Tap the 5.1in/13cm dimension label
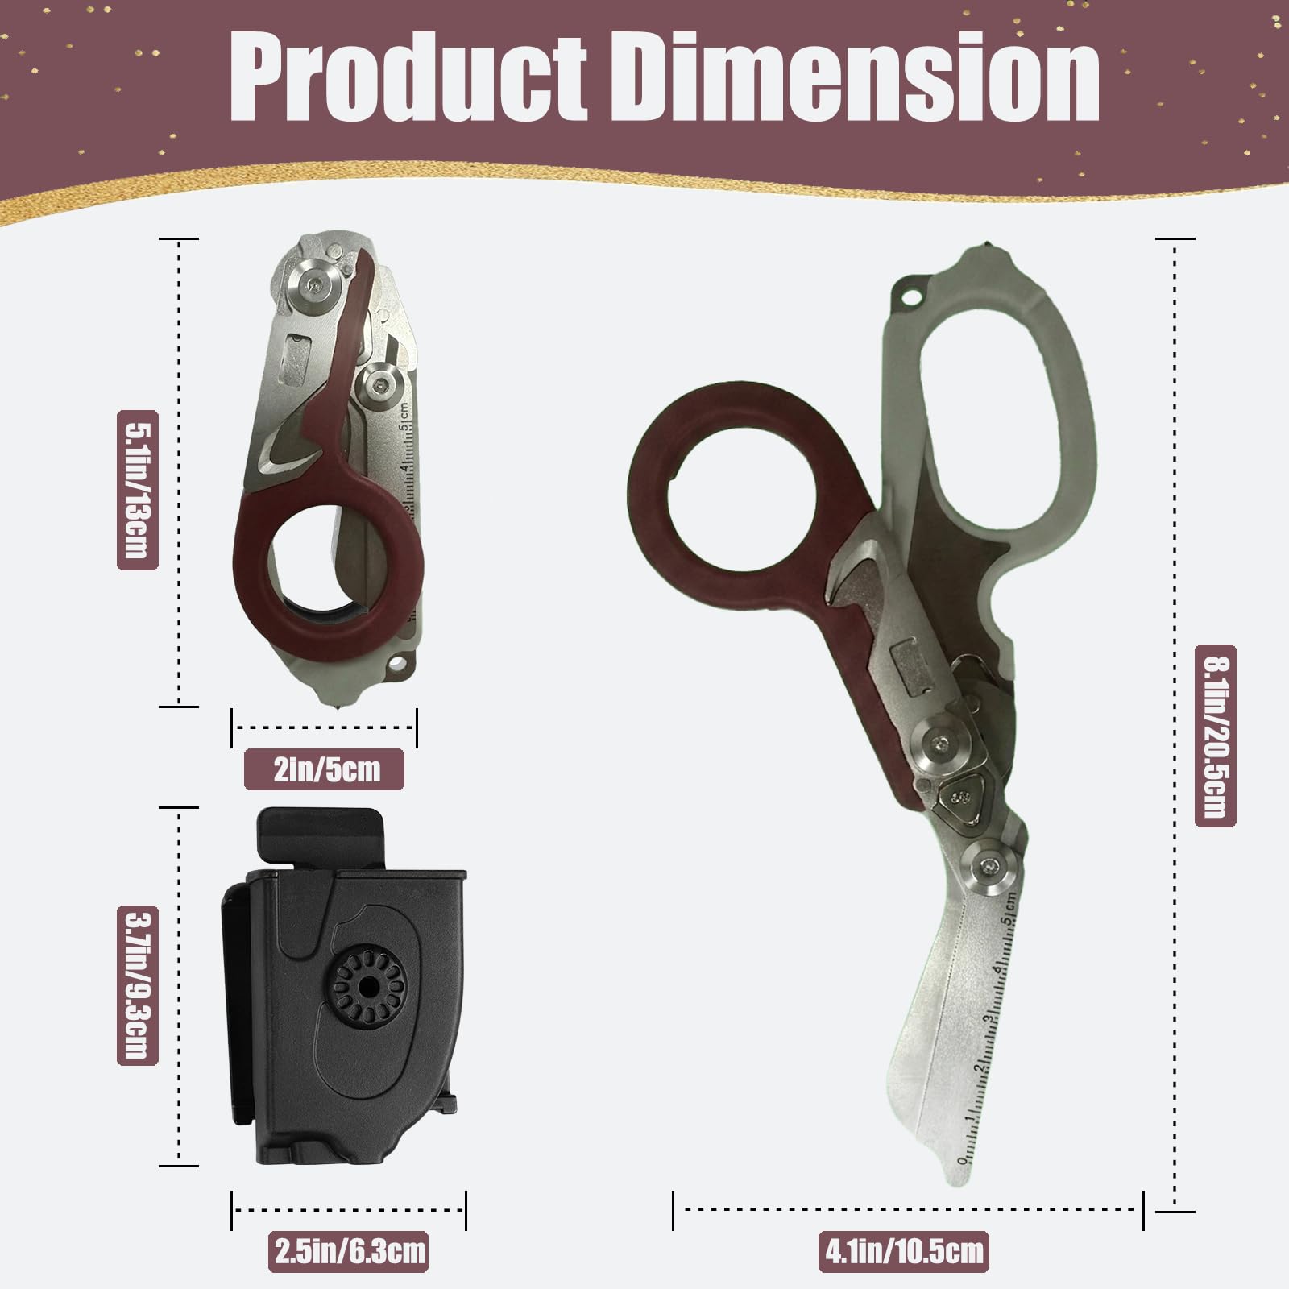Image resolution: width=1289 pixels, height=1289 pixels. (136, 490)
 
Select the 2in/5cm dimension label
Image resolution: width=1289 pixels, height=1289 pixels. (324, 769)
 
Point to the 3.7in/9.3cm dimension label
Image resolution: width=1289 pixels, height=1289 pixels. (136, 985)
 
